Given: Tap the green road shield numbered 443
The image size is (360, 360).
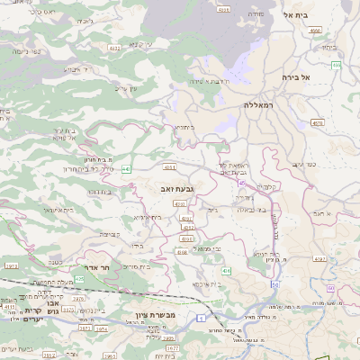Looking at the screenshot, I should [126, 168].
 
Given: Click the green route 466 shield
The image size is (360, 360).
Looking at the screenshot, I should [336, 65].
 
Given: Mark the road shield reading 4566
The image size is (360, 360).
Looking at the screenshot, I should [315, 31].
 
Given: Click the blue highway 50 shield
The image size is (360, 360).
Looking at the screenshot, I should [274, 283].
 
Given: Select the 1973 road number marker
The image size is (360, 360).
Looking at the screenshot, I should [11, 266].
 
